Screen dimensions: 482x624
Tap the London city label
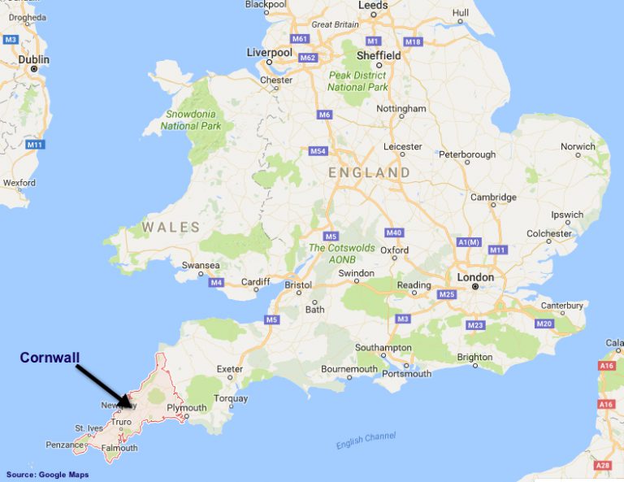[475, 277]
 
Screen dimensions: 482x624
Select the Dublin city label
[34, 59]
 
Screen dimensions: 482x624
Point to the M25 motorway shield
[445, 294]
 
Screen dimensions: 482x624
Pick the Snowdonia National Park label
[191, 120]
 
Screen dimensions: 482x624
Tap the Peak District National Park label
[357, 81]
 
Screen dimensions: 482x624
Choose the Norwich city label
[578, 146]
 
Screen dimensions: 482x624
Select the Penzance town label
[64, 445]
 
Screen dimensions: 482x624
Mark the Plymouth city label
[186, 407]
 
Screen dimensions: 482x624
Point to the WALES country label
[171, 227]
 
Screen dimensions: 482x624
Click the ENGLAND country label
[370, 173]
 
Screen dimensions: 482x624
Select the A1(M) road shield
[469, 242]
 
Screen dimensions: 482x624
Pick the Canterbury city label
[562, 306]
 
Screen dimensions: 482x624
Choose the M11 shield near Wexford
[33, 145]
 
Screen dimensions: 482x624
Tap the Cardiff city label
[255, 282]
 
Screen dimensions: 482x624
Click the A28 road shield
[602, 465]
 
